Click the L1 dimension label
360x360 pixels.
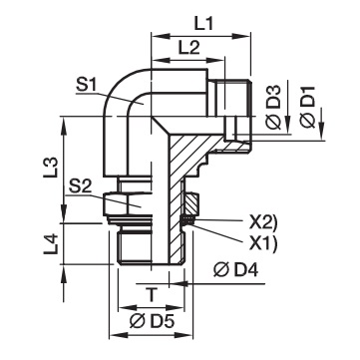203,24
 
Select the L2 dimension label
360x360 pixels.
188,49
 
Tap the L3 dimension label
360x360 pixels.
51,167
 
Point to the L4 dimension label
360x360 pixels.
51,244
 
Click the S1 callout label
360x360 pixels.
86,86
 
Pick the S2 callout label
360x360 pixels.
80,187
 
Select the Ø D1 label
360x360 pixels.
307,107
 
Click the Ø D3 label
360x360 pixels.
274,107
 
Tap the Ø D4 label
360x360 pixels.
235,271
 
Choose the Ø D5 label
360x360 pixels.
152,322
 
